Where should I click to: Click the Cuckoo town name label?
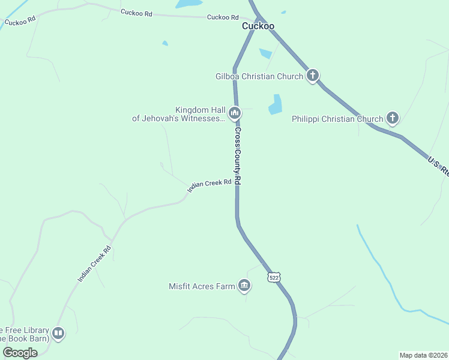[x=258, y=26]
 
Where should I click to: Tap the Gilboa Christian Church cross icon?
[x=313, y=76]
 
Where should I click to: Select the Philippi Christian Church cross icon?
[x=393, y=118]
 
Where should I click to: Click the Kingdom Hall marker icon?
[x=235, y=112]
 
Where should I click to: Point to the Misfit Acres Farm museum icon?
[x=244, y=286]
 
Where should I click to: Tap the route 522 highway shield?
[x=274, y=277]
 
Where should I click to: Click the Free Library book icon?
[x=58, y=333]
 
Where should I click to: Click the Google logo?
[x=20, y=353]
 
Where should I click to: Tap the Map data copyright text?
[x=424, y=355]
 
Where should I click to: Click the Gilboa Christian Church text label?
[x=259, y=76]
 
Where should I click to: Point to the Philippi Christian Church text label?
[x=337, y=119]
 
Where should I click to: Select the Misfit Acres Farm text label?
[x=202, y=286]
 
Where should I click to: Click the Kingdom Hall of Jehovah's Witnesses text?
[x=179, y=114]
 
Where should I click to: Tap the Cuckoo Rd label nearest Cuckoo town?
[x=223, y=17]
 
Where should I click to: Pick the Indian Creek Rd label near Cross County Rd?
[x=209, y=185]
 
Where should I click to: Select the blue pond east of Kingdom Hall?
[x=276, y=105]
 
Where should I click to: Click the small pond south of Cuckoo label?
[x=265, y=53]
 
